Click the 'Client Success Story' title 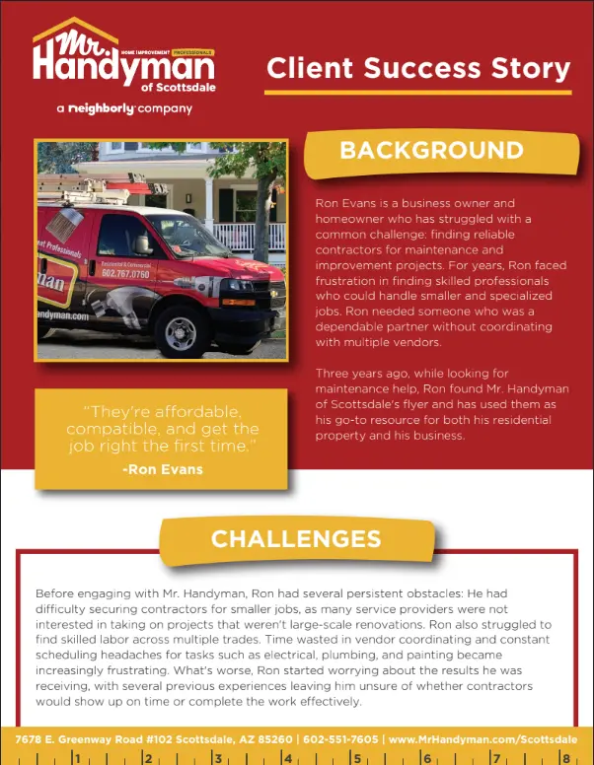pyautogui.click(x=418, y=68)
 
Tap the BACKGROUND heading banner pyautogui.click(x=431, y=151)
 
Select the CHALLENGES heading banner pyautogui.click(x=296, y=538)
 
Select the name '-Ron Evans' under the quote pyautogui.click(x=163, y=469)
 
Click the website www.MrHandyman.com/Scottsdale pyautogui.click(x=483, y=738)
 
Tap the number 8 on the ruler pyautogui.click(x=566, y=758)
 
